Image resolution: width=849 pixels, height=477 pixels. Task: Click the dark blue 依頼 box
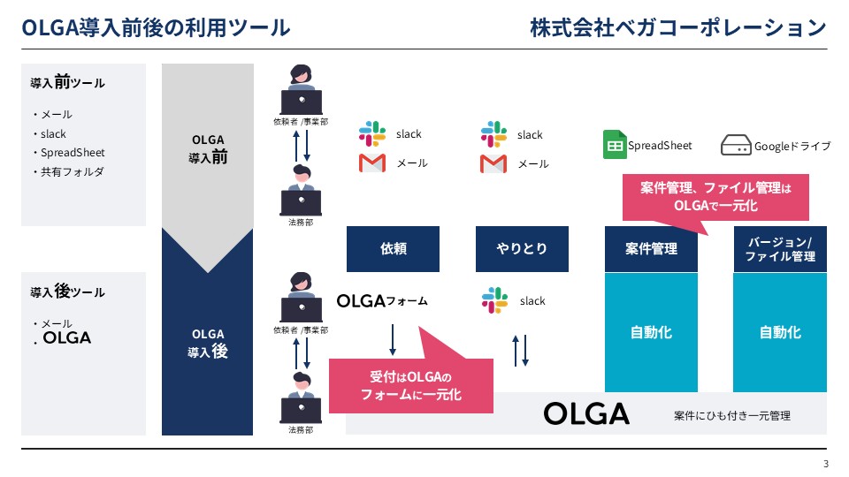pyautogui.click(x=393, y=249)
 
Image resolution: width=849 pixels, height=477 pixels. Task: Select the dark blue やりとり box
pyautogui.click(x=522, y=249)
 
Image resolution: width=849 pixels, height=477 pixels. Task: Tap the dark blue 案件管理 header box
pyautogui.click(x=651, y=249)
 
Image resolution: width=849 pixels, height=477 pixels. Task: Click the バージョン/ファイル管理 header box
pyautogui.click(x=780, y=249)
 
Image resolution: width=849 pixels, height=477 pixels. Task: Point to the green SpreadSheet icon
pyautogui.click(x=615, y=145)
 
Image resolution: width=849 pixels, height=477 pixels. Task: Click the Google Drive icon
pyautogui.click(x=736, y=145)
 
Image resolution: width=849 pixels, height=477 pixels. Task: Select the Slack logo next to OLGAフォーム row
pyautogui.click(x=495, y=300)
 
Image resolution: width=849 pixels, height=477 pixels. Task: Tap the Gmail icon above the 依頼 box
pyautogui.click(x=372, y=163)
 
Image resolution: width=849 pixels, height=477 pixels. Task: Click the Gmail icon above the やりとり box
pyautogui.click(x=493, y=164)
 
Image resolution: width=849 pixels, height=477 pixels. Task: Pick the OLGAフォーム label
pyautogui.click(x=382, y=300)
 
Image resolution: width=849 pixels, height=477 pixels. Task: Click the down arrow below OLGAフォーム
pyautogui.click(x=393, y=339)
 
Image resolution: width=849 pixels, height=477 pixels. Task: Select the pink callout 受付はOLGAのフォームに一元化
pyautogui.click(x=411, y=386)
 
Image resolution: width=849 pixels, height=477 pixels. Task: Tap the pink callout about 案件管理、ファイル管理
pyautogui.click(x=715, y=197)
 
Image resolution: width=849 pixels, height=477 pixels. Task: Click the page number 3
pyautogui.click(x=826, y=464)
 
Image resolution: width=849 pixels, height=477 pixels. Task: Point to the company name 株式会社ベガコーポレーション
pyautogui.click(x=678, y=27)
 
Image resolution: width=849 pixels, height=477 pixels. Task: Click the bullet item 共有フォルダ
pyautogui.click(x=72, y=172)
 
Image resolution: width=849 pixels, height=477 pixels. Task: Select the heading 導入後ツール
pyautogui.click(x=68, y=291)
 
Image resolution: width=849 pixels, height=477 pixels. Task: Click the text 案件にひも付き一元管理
pyautogui.click(x=732, y=415)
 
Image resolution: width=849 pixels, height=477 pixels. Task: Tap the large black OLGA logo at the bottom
pyautogui.click(x=586, y=413)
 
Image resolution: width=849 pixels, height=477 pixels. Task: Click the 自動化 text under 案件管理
pyautogui.click(x=651, y=332)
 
